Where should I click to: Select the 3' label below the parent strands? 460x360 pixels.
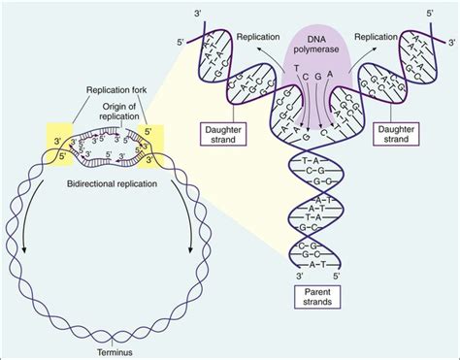tap(294, 275)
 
